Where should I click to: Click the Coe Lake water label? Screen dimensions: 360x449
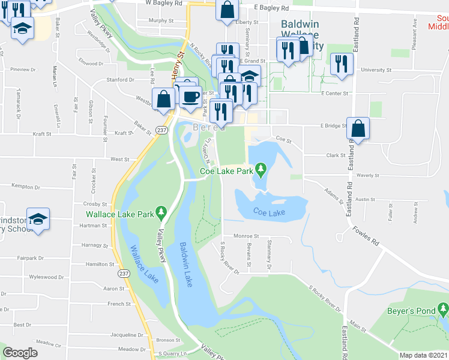268,211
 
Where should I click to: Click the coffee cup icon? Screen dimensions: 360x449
190,97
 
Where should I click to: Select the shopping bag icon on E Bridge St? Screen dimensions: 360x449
358,128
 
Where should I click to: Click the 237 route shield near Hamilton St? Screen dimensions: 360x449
123,273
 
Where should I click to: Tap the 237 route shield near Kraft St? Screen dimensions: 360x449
161,129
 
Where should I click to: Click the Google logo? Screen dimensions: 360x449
20,353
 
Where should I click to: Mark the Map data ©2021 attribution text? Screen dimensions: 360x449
424,355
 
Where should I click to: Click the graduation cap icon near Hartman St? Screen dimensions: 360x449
38,219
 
